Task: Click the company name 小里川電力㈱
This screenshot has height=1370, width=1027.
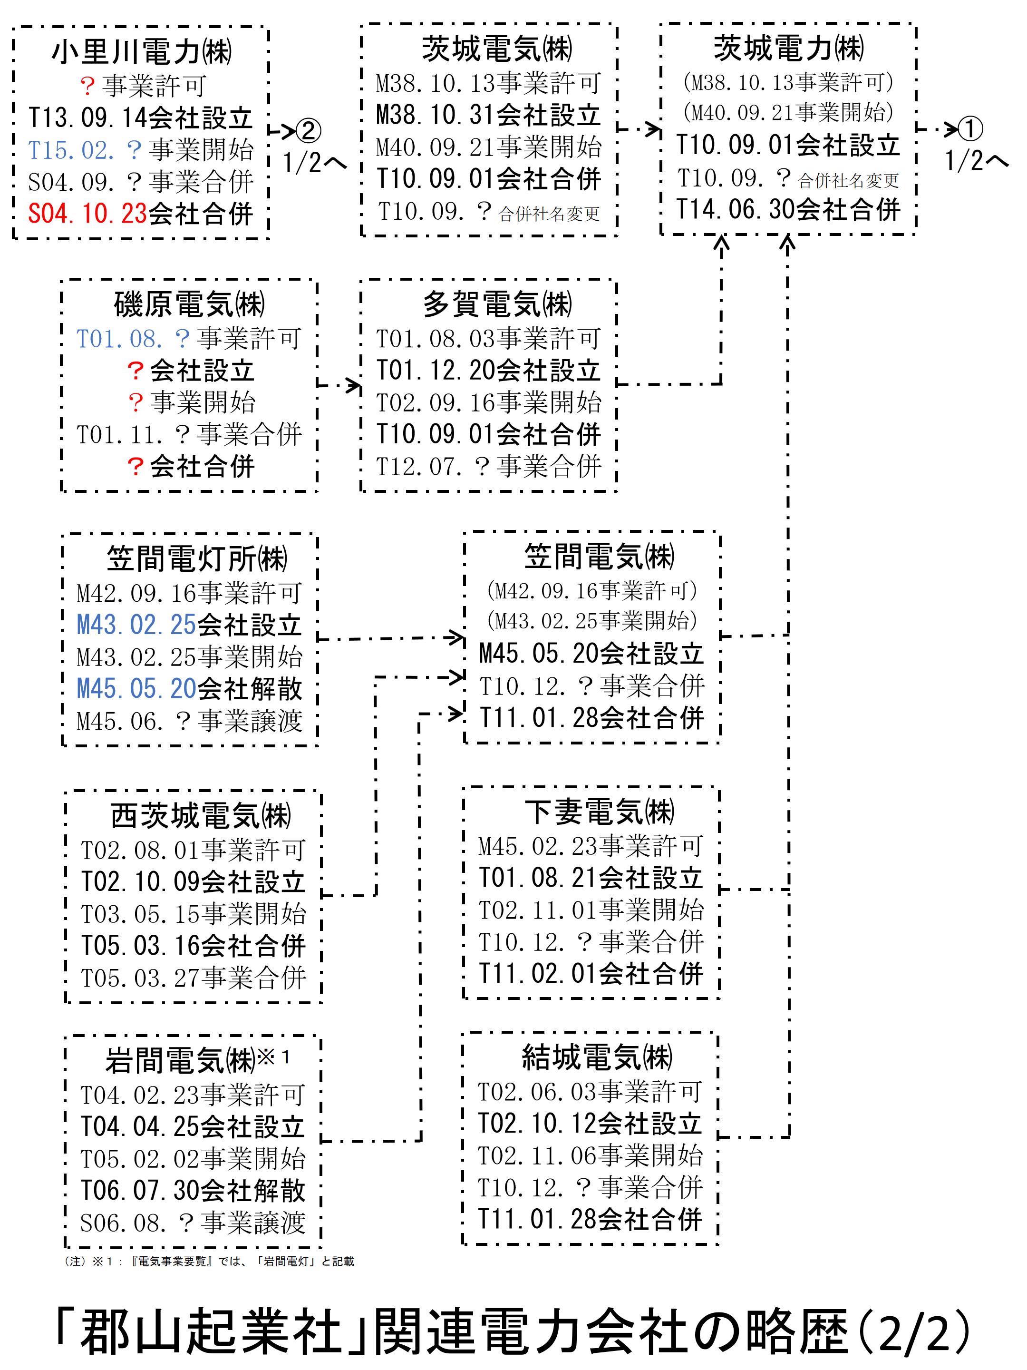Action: (x=142, y=52)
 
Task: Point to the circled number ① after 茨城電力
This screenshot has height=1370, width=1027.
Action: (x=970, y=129)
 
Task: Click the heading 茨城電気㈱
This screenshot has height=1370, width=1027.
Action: (x=496, y=49)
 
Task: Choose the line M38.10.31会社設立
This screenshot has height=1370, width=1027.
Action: (x=488, y=115)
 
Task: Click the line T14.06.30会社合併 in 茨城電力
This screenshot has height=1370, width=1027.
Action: (x=787, y=209)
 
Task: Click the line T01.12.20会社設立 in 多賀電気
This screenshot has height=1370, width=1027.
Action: (x=488, y=371)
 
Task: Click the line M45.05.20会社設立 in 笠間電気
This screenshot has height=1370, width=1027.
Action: (x=591, y=654)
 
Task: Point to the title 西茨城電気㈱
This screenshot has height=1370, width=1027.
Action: (x=201, y=816)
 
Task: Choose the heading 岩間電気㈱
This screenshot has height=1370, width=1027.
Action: (x=180, y=1060)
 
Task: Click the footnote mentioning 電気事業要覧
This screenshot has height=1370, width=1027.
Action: (x=209, y=1261)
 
